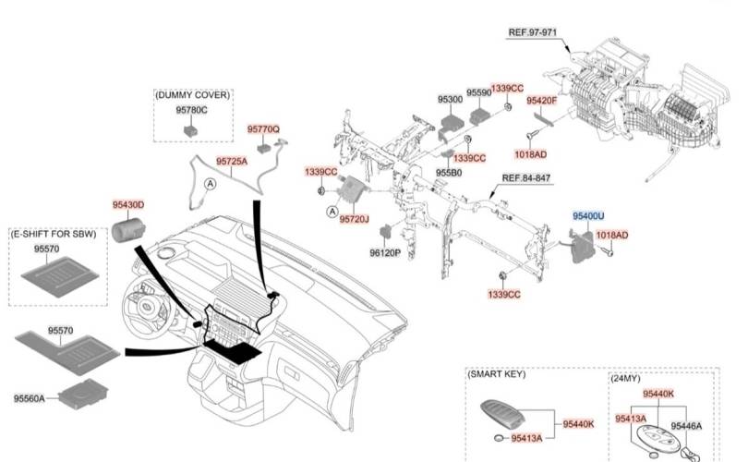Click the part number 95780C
192,111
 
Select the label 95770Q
263,130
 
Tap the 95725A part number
232,161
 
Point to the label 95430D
128,204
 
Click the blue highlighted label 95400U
588,215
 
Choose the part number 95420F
542,100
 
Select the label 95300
450,99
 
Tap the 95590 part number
478,93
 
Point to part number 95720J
354,220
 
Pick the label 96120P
385,251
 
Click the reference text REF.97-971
533,32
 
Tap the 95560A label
35,398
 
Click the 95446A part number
686,426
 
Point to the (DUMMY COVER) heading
193,95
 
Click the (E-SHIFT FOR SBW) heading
54,236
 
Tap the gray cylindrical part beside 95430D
128,227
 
